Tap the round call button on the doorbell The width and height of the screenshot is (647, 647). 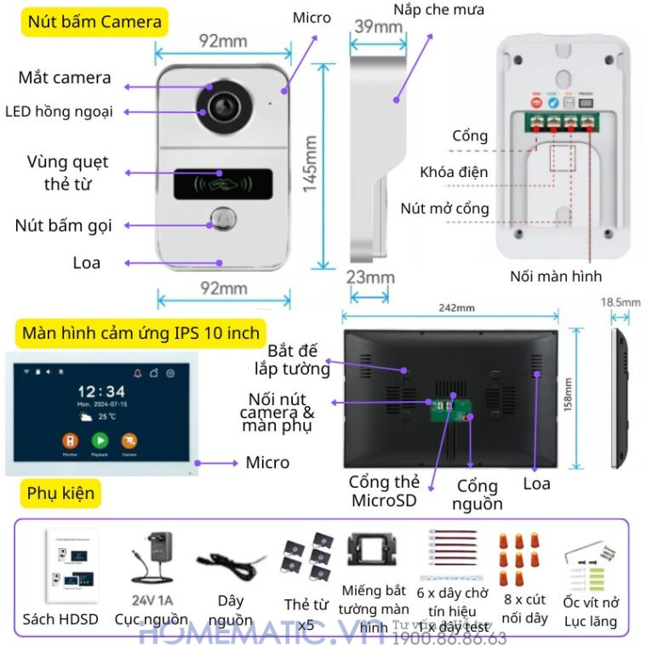tap(223, 219)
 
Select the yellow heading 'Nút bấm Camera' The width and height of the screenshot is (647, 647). tap(94, 22)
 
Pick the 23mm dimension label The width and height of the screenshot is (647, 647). tap(372, 277)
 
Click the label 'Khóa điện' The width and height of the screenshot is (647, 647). tap(454, 172)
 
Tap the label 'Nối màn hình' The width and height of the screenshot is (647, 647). tap(555, 276)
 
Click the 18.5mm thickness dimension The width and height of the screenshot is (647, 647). tap(621, 301)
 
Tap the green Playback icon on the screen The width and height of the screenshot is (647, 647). tap(100, 440)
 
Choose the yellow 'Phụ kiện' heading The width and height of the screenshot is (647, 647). tap(60, 493)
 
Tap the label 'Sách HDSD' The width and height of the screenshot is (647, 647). tap(60, 619)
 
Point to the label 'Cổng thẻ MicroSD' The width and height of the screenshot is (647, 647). tap(384, 491)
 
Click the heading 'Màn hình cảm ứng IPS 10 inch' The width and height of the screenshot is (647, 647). tap(140, 332)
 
